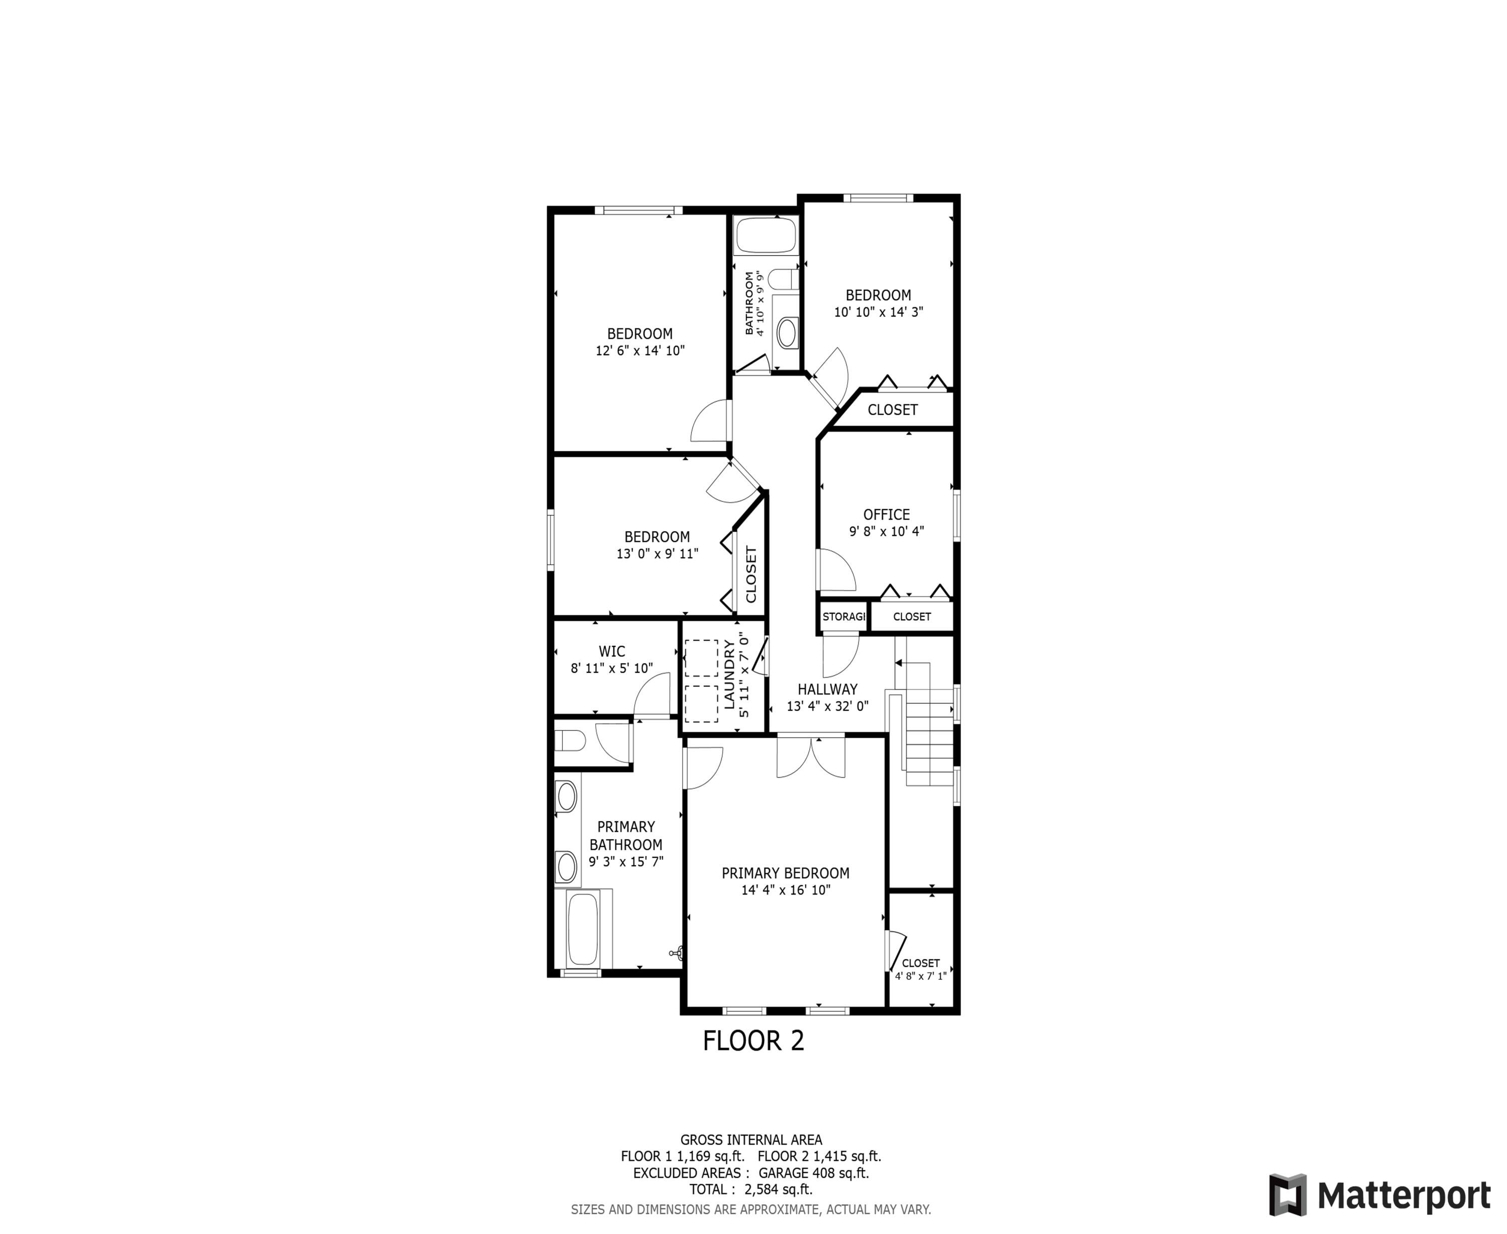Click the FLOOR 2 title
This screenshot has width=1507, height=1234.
[753, 1041]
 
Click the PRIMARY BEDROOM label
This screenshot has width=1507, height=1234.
[786, 873]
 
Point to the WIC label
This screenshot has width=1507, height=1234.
[611, 651]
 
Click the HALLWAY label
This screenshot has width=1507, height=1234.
[827, 689]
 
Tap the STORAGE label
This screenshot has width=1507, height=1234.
[844, 616]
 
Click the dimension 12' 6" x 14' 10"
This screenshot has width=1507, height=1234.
[640, 351]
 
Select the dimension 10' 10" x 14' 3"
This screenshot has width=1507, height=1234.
[878, 312]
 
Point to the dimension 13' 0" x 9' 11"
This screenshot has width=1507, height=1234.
[657, 554]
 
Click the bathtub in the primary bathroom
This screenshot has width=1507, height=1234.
[583, 928]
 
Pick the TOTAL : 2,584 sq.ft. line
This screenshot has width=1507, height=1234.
[750, 1189]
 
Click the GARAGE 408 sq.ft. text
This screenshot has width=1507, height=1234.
[813, 1173]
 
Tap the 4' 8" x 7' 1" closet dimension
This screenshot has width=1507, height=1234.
[921, 976]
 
